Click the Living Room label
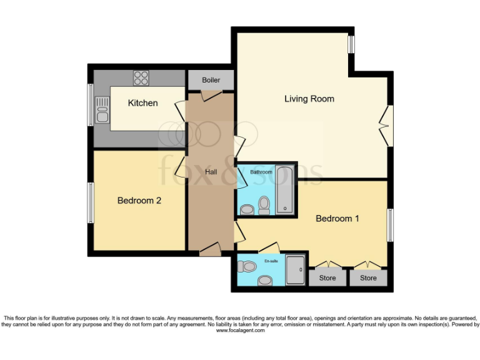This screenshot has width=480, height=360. click(309, 99)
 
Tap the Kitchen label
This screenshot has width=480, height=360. click(142, 102)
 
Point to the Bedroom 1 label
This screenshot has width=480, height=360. click(337, 219)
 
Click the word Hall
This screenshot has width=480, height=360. click(211, 172)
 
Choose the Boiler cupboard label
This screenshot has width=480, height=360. click(211, 81)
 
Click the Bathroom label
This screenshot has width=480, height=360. click(261, 172)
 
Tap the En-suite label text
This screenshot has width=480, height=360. click(271, 260)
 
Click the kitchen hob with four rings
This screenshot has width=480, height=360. click(141, 77)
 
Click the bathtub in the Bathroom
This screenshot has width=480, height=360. click(286, 190)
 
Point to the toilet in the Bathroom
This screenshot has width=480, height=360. click(264, 205)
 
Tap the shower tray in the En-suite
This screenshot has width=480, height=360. click(296, 270)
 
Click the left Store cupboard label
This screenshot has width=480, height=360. click(327, 277)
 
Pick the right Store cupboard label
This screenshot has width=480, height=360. click(368, 277)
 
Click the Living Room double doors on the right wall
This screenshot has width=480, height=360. click(387, 125)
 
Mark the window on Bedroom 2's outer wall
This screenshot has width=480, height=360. click(91, 202)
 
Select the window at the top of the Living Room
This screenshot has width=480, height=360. click(351, 44)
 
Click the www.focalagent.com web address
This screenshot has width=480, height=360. click(240, 331)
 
